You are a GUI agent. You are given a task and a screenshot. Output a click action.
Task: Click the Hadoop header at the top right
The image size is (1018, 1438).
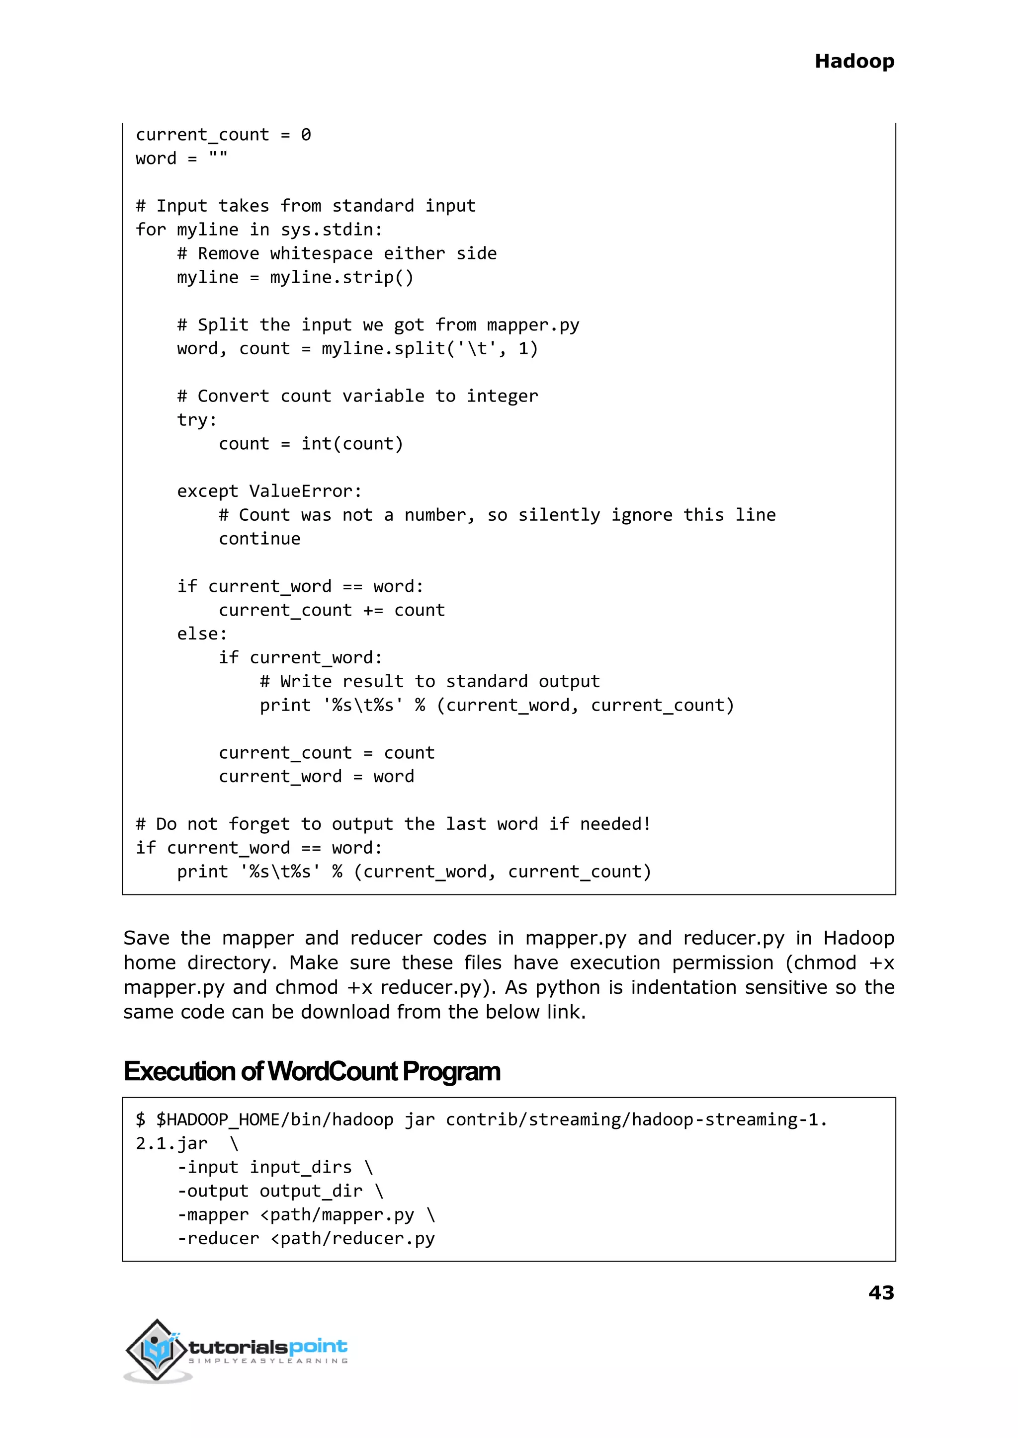pyautogui.click(x=854, y=62)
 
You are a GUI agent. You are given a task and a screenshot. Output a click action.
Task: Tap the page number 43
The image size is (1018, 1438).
pyautogui.click(x=881, y=1292)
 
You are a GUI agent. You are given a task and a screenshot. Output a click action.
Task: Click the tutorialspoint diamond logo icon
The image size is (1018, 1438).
pyautogui.click(x=157, y=1349)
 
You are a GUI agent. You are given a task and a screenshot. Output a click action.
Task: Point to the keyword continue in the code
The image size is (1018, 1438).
pyautogui.click(x=259, y=538)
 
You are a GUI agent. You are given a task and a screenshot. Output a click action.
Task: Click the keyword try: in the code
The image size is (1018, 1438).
pyautogui.click(x=197, y=420)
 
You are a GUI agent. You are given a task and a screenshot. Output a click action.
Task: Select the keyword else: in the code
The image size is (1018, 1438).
pyautogui.click(x=202, y=634)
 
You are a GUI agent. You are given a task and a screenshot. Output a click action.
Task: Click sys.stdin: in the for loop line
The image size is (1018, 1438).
pyautogui.click(x=331, y=230)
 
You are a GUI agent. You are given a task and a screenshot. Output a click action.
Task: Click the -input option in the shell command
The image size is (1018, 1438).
pyautogui.click(x=208, y=1167)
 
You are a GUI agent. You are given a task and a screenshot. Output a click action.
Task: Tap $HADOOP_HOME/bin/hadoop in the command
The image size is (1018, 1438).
pyautogui.click(x=274, y=1119)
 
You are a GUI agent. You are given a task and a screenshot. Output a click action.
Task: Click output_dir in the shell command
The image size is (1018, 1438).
pyautogui.click(x=311, y=1191)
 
